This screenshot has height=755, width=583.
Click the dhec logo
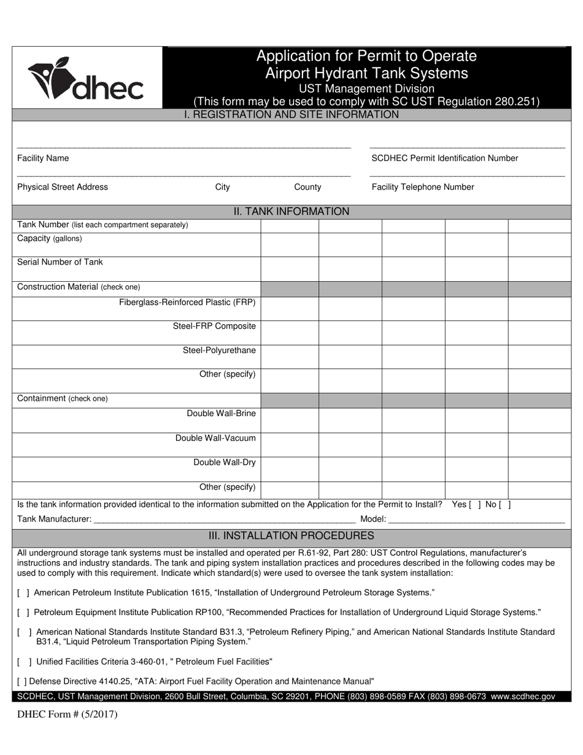click(x=85, y=79)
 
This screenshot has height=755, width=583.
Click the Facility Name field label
click(x=43, y=158)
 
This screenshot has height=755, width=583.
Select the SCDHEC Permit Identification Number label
click(x=444, y=158)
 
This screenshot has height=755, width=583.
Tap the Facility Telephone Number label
click(x=422, y=187)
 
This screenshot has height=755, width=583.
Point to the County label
click(x=307, y=187)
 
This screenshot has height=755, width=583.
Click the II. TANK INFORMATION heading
click(x=291, y=212)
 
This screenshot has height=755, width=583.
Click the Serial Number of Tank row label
click(x=60, y=262)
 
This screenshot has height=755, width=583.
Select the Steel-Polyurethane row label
click(x=219, y=350)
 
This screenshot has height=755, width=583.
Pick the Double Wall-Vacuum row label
click(x=215, y=438)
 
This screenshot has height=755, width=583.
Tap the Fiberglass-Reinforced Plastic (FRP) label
click(x=187, y=303)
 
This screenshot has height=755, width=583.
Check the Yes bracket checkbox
click(x=475, y=505)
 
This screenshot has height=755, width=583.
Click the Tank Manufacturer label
click(x=55, y=519)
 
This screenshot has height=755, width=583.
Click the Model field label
click(x=373, y=519)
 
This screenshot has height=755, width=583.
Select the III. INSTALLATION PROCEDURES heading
click(x=291, y=536)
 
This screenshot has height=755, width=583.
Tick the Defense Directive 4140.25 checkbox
click(x=22, y=681)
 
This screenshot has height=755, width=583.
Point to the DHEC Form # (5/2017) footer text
click(x=68, y=714)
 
